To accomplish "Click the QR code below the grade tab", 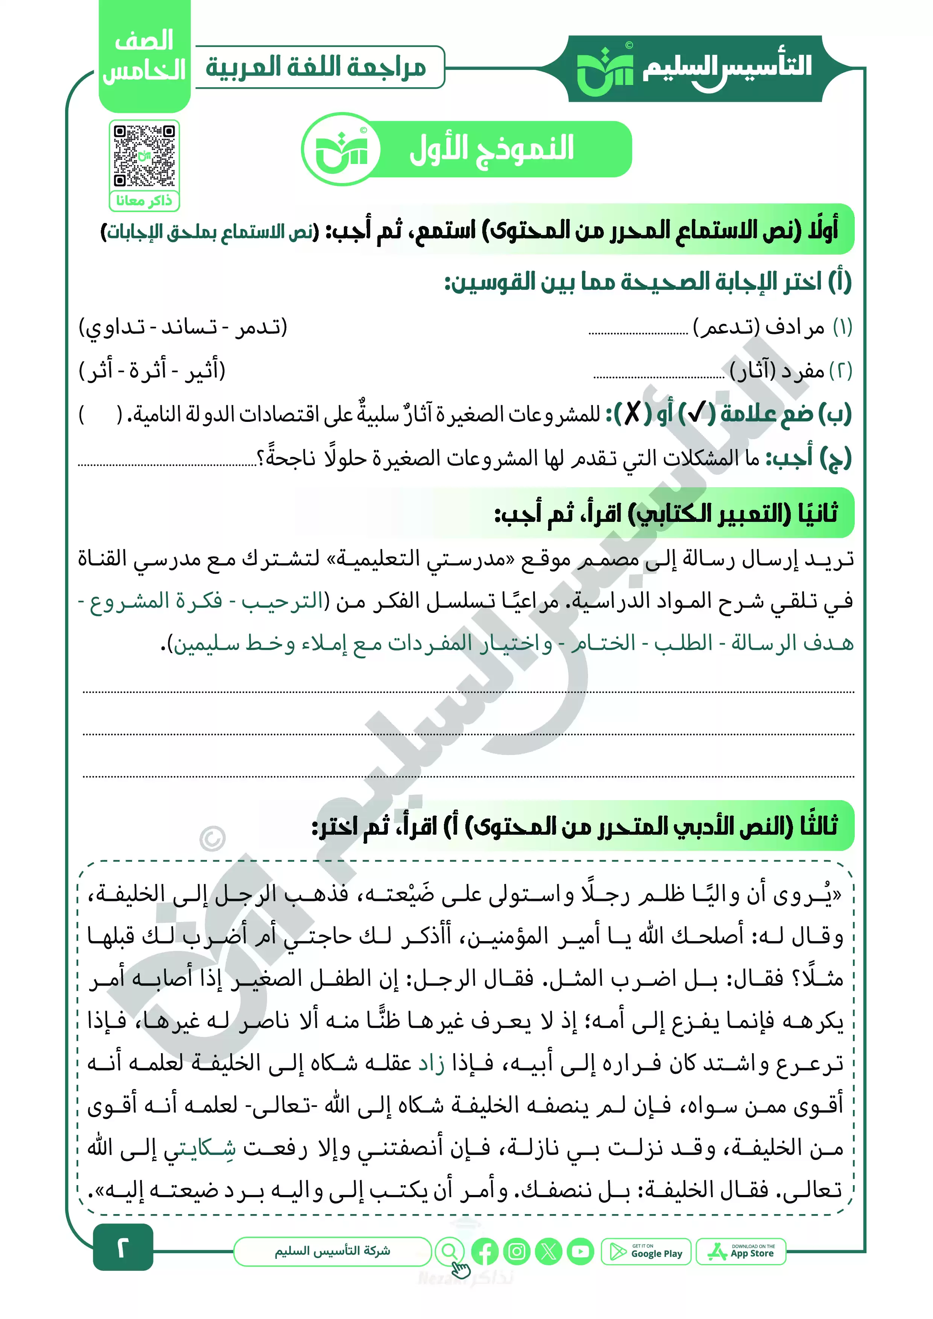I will coord(144,155).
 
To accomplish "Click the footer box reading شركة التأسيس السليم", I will coord(332,1251).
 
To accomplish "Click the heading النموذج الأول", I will coord(491,149).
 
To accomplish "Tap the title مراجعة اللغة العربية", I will coord(316,67).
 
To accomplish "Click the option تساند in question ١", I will coord(189,327).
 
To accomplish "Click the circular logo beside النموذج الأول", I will coord(341,149).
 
